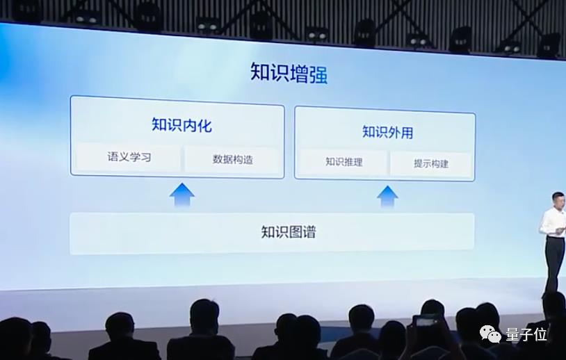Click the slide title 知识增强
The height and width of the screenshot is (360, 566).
tap(289, 74)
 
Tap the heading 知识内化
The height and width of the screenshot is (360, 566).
tap(181, 126)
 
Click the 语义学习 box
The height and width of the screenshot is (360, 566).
tap(129, 158)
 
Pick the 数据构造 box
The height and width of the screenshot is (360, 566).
tap(232, 159)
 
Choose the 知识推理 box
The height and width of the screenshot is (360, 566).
tap(344, 163)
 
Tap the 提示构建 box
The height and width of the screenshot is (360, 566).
tap(430, 164)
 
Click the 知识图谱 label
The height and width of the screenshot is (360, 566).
tap(288, 232)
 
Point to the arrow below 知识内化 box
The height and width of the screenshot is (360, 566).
tap(181, 195)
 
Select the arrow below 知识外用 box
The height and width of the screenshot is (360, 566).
tap(387, 196)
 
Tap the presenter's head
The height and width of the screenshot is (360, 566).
tap(558, 199)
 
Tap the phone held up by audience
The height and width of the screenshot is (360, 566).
tap(424, 320)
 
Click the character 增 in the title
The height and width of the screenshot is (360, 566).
tap(298, 74)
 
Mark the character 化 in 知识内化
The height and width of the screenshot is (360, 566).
tap(204, 126)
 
